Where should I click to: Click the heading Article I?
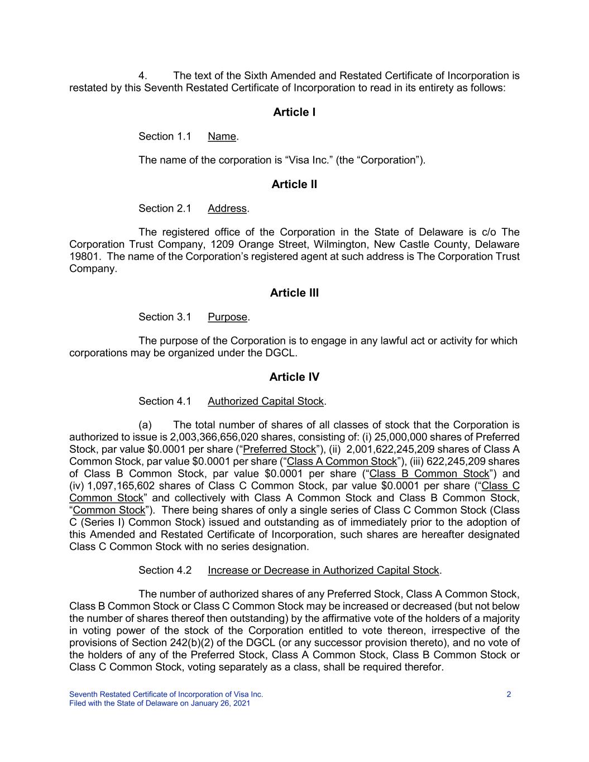[x=294, y=112]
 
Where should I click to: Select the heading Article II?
[x=294, y=184]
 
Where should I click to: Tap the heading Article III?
[x=294, y=293]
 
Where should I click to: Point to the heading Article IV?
[x=294, y=377]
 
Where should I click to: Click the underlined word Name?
[x=222, y=137]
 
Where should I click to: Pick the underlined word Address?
[x=227, y=209]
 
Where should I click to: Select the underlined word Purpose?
[x=227, y=317]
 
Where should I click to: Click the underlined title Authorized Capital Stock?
[x=266, y=401]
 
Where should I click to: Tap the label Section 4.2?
[x=165, y=570]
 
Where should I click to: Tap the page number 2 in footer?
[x=509, y=694]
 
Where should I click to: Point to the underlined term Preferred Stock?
[x=280, y=449]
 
